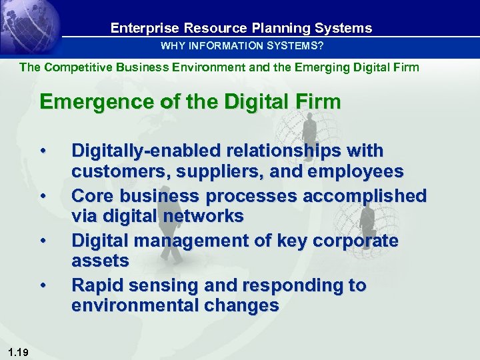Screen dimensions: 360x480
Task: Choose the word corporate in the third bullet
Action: click(x=356, y=241)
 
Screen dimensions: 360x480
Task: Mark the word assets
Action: click(x=100, y=261)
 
